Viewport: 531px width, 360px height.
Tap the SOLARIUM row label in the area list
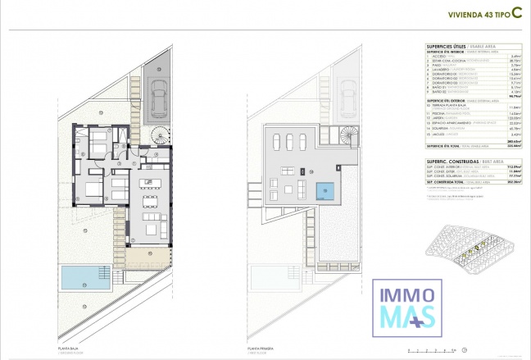(444, 128)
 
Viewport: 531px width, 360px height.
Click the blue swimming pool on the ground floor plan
(82, 277)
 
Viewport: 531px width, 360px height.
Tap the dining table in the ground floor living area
(151, 199)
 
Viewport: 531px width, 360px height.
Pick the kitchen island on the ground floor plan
(148, 181)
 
